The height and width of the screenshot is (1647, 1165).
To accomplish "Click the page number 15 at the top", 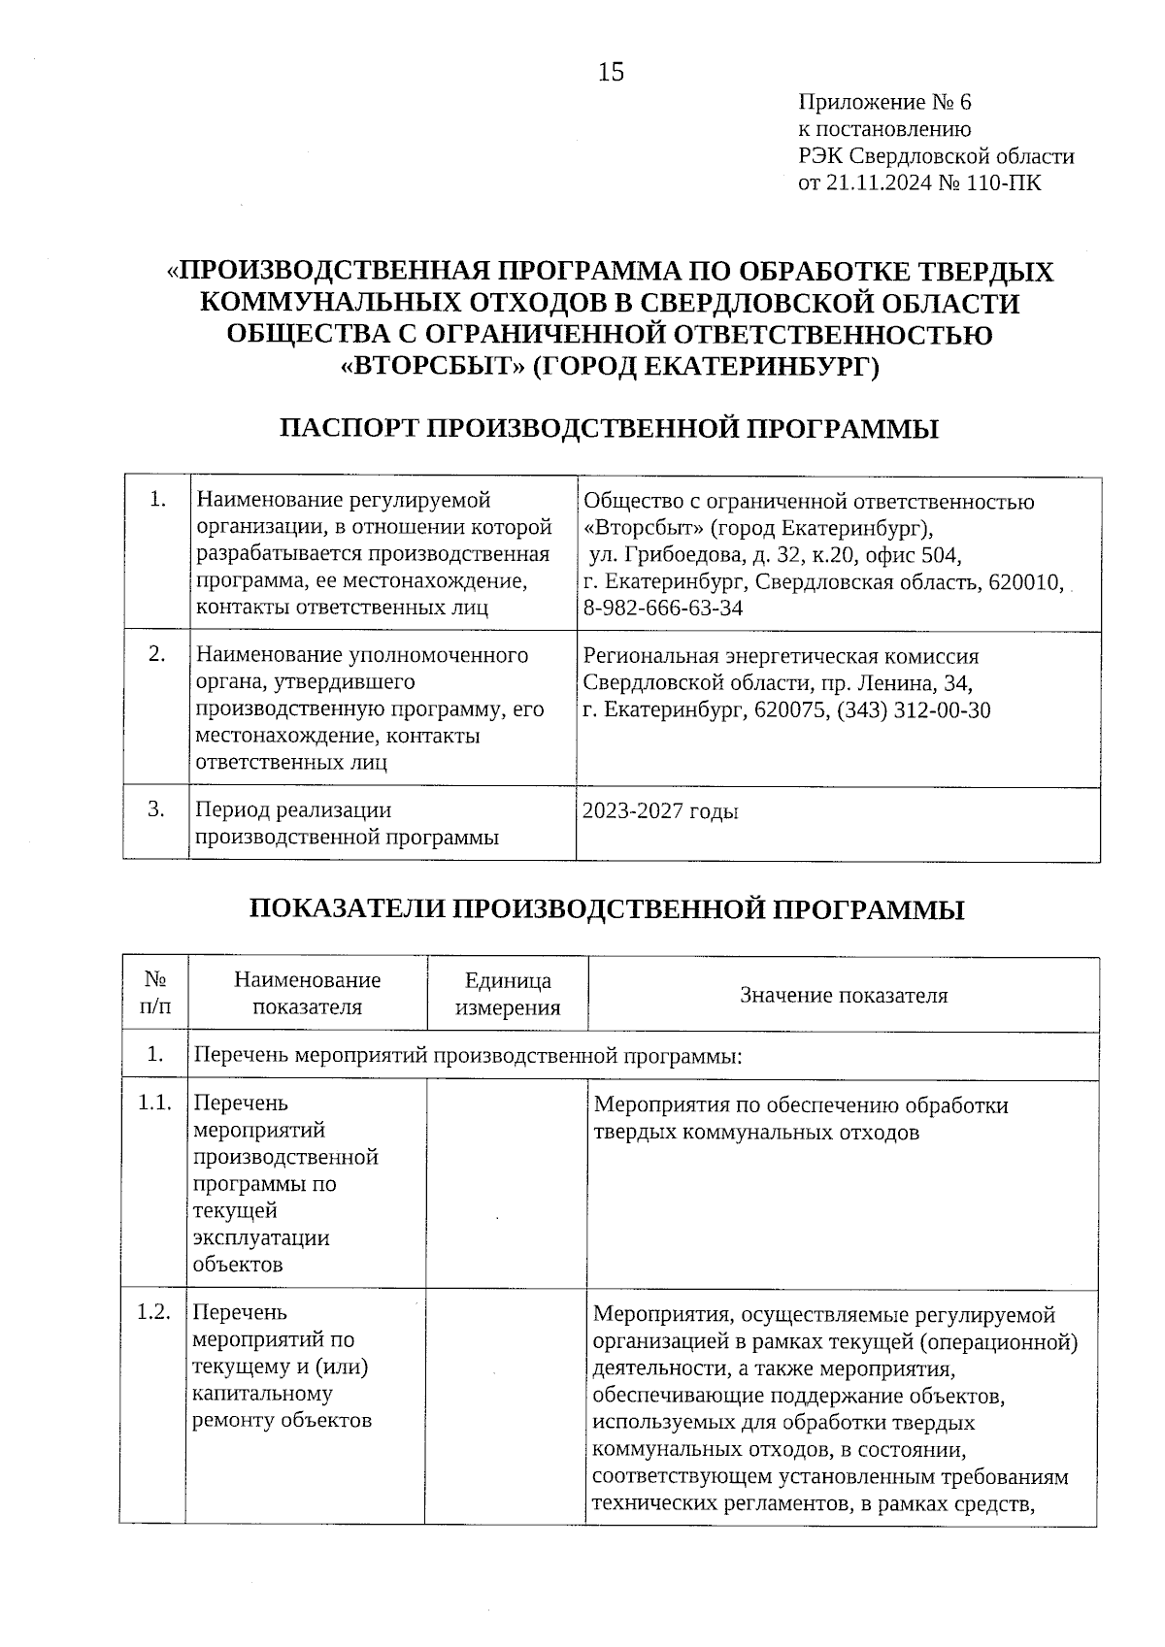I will click(611, 73).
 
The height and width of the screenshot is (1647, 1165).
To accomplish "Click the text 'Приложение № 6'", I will click(883, 103).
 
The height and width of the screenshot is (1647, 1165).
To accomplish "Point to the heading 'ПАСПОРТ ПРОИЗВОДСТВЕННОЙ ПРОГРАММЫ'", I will click(609, 429).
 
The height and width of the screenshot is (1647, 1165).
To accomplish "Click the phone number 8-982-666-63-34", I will click(663, 609).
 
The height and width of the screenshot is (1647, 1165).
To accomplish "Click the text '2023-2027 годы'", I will click(660, 811).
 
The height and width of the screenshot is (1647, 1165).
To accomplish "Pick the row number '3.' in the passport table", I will click(155, 808).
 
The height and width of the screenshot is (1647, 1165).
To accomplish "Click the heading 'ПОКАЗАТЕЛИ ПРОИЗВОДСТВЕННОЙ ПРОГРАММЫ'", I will click(608, 909).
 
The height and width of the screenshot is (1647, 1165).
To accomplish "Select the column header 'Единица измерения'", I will click(508, 994).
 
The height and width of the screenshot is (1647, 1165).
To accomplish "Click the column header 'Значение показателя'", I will click(844, 995).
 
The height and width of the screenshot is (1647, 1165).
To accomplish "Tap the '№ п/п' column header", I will click(155, 993).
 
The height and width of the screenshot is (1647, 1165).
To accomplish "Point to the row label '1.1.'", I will click(154, 1103).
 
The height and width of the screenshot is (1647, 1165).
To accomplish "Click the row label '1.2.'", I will click(154, 1313).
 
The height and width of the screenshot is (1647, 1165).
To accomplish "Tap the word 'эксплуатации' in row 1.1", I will click(261, 1238).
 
